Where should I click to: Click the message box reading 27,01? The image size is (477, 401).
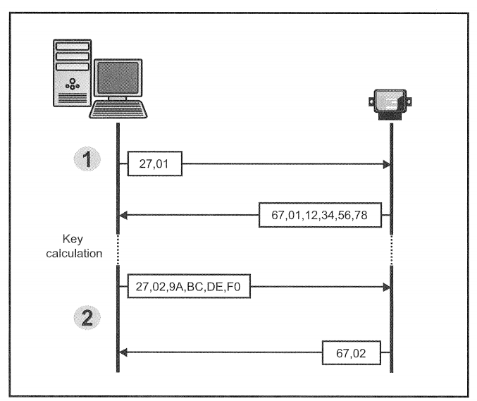155,164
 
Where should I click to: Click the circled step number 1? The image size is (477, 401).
87,161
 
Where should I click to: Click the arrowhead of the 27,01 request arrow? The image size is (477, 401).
386,164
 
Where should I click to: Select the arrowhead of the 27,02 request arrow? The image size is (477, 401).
386,287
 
